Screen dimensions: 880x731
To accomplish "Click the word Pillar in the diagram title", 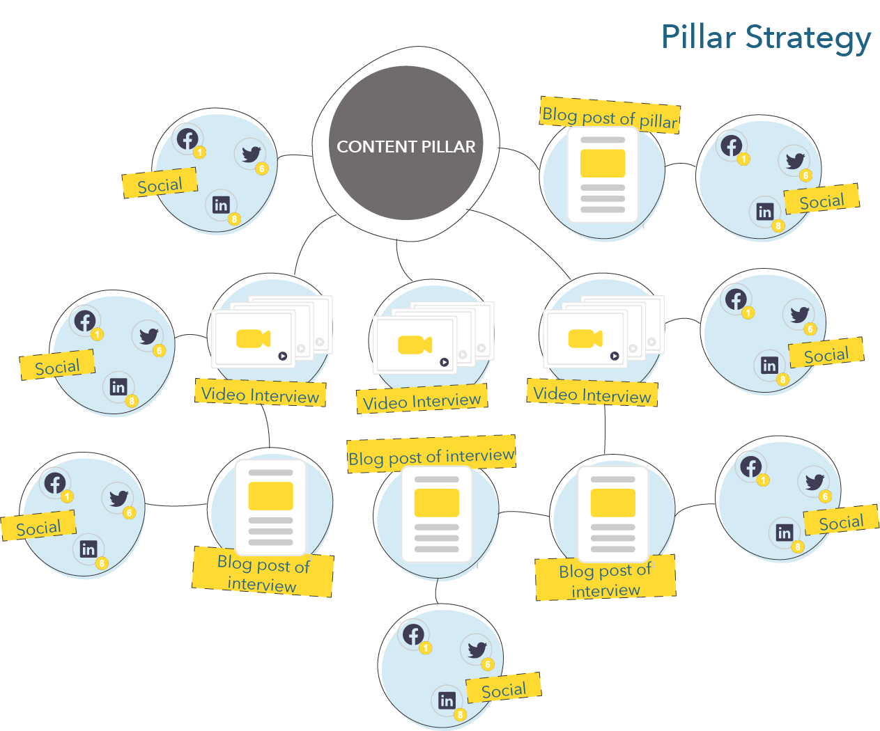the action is (699, 37).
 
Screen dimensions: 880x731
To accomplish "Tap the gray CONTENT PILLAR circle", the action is (406, 143).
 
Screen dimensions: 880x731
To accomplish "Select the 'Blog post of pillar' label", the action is (610, 116).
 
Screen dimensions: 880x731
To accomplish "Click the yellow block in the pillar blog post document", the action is (603, 164).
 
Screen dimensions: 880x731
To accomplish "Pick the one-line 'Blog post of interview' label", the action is (431, 455).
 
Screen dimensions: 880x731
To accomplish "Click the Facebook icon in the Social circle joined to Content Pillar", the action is (187, 139).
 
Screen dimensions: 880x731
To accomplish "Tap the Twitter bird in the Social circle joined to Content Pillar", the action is (252, 154).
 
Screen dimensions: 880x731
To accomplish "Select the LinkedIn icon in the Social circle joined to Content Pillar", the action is (221, 205).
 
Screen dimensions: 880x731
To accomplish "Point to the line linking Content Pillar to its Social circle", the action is (295, 156).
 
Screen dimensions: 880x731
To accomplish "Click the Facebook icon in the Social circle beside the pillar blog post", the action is (731, 146).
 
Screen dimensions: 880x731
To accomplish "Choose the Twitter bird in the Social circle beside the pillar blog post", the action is (795, 160).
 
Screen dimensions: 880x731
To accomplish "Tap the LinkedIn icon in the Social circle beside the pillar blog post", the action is (765, 212).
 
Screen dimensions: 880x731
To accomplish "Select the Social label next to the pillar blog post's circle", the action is (822, 199).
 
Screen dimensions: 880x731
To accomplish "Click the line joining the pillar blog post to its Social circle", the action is (680, 165).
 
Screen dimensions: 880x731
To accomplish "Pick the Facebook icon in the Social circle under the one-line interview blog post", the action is (413, 634).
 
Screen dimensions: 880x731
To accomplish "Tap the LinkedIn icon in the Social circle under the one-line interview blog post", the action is (447, 700).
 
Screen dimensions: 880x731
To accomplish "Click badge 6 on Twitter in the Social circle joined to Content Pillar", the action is (262, 169).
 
